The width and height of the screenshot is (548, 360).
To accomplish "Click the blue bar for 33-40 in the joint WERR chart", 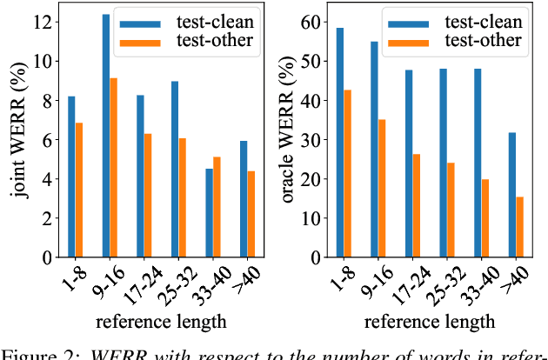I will coord(208,213).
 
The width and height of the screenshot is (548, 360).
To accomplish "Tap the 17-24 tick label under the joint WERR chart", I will coord(139,283).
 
